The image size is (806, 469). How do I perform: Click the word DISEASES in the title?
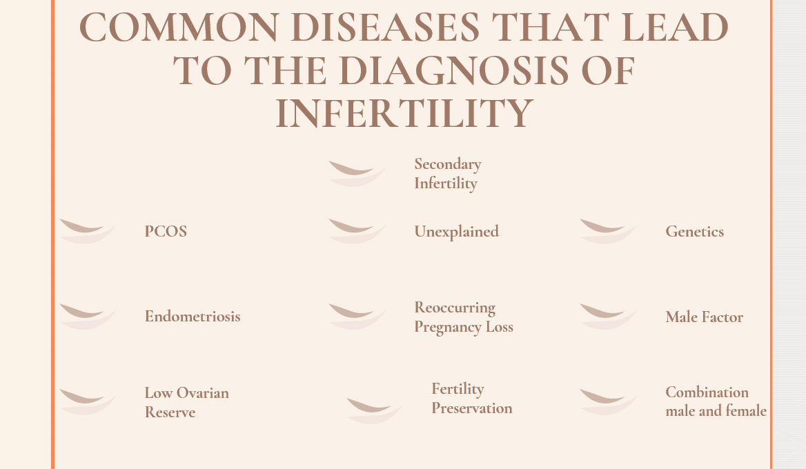point(385,28)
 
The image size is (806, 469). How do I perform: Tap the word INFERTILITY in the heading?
point(404,114)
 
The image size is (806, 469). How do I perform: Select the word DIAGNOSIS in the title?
point(454,71)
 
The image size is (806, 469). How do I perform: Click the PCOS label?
point(166,231)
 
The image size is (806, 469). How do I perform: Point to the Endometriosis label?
point(193,316)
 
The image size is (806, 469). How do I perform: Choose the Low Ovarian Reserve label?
point(186,402)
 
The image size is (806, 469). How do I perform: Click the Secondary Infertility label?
point(448,174)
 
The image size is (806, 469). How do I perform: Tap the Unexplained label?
point(456,232)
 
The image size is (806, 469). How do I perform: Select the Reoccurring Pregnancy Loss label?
point(464,317)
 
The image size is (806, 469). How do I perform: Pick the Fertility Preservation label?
point(472,398)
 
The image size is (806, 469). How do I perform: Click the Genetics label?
point(694,232)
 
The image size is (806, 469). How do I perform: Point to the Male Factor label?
point(705,317)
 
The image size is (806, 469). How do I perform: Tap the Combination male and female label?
point(716,401)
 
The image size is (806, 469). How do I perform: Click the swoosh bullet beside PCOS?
point(88,231)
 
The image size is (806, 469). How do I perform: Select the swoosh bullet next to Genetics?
point(609,231)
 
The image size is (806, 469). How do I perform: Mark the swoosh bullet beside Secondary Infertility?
point(357,174)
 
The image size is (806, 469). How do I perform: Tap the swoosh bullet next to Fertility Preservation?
point(375,411)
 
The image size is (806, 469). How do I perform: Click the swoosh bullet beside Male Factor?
point(609,317)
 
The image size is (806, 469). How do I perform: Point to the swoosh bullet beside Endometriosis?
point(88,317)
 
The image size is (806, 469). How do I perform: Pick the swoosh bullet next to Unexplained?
point(357,231)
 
